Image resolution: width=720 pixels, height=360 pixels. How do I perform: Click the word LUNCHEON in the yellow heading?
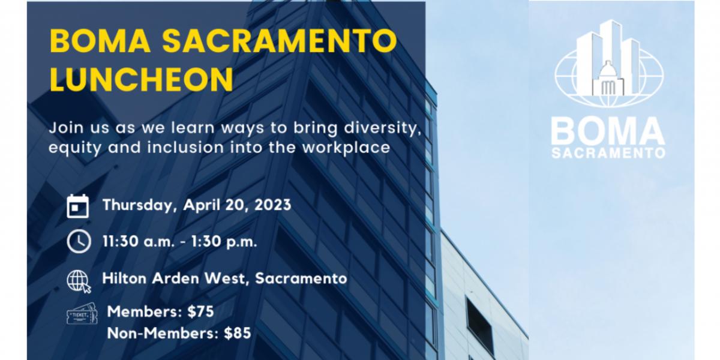142,79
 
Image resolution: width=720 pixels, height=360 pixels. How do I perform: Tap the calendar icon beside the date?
78,206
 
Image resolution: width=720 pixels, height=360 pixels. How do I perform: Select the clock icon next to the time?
79,241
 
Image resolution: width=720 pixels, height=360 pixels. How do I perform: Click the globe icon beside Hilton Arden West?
79,281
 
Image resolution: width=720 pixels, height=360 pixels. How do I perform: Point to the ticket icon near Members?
82,314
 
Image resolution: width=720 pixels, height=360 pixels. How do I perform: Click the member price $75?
200,311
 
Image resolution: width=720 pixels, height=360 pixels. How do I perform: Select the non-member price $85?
238,333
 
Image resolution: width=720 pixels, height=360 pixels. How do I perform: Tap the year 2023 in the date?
272,205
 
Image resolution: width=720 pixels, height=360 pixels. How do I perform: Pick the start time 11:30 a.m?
138,241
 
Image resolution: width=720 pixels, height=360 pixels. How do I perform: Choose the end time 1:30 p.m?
224,242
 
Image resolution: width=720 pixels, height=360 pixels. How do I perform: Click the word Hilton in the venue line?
124,278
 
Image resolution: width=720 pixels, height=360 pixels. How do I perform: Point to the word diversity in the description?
383,128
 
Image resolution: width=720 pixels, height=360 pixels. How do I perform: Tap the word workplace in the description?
346,148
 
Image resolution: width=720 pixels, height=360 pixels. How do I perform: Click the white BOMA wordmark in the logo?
608,131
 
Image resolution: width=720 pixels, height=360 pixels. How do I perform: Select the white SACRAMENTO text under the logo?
608,153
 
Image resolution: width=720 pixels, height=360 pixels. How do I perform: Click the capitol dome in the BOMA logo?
607,70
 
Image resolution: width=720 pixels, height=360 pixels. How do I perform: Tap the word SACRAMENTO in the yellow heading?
280,41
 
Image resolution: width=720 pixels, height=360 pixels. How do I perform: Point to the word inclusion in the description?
185,148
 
